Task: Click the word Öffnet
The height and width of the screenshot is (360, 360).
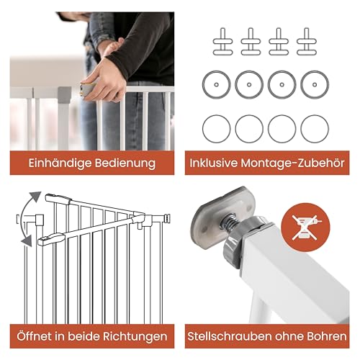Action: [x=36, y=336]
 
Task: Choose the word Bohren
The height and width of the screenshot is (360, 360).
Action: [x=326, y=336]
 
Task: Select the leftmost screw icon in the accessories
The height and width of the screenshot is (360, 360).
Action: [x=217, y=40]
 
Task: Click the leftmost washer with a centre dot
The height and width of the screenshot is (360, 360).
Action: [x=217, y=84]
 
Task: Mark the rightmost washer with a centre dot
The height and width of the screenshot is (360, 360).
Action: [x=315, y=84]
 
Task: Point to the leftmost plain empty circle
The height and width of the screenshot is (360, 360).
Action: [x=217, y=128]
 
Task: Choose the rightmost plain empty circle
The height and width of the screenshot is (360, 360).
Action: [x=315, y=128]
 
